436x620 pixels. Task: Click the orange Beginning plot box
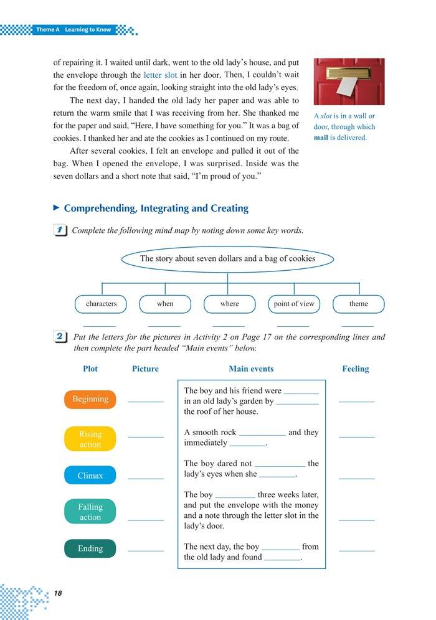pyautogui.click(x=90, y=399)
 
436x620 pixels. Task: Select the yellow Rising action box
pyautogui.click(x=90, y=439)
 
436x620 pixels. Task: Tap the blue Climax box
pyautogui.click(x=90, y=476)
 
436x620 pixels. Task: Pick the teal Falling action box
pyautogui.click(x=90, y=512)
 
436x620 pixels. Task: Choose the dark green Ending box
pyautogui.click(x=90, y=548)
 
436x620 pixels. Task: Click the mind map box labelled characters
pyautogui.click(x=102, y=304)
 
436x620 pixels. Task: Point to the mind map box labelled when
pyautogui.click(x=165, y=304)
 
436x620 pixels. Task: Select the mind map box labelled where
pyautogui.click(x=229, y=304)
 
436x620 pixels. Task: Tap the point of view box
pyautogui.click(x=294, y=304)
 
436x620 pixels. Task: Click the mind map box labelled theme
pyautogui.click(x=358, y=304)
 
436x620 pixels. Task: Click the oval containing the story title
pyautogui.click(x=227, y=258)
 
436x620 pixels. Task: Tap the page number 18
pyautogui.click(x=59, y=592)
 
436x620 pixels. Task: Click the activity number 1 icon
pyautogui.click(x=61, y=230)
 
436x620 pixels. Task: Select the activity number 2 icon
pyautogui.click(x=61, y=337)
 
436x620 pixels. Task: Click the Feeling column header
pyautogui.click(x=356, y=369)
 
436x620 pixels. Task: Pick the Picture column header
pyautogui.click(x=145, y=369)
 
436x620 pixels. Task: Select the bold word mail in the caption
pyautogui.click(x=325, y=138)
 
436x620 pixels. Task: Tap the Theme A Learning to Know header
pyautogui.click(x=73, y=29)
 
